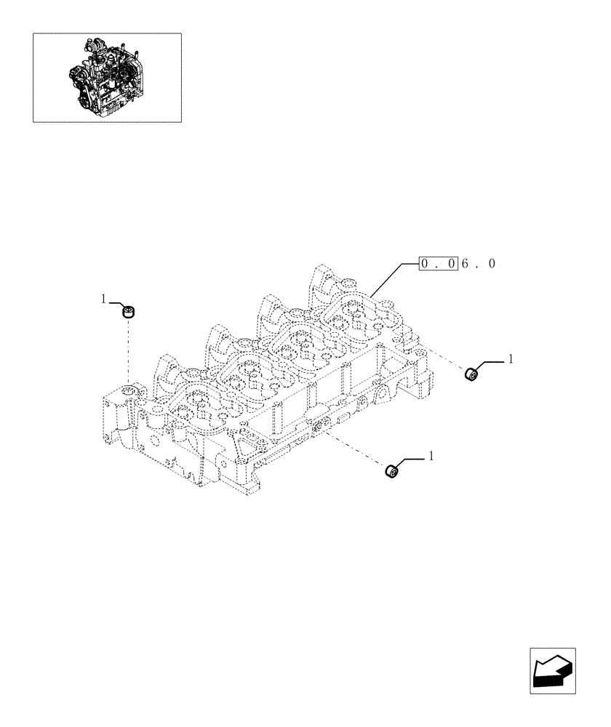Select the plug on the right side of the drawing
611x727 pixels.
click(x=470, y=374)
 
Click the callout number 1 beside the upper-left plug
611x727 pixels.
click(x=104, y=299)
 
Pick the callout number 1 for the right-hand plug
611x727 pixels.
click(x=511, y=358)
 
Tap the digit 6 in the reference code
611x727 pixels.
click(x=465, y=264)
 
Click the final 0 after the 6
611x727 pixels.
click(x=492, y=264)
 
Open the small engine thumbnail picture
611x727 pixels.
click(x=107, y=76)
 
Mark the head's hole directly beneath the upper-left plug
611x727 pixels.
click(x=129, y=391)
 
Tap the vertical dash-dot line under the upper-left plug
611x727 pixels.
click(x=129, y=353)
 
